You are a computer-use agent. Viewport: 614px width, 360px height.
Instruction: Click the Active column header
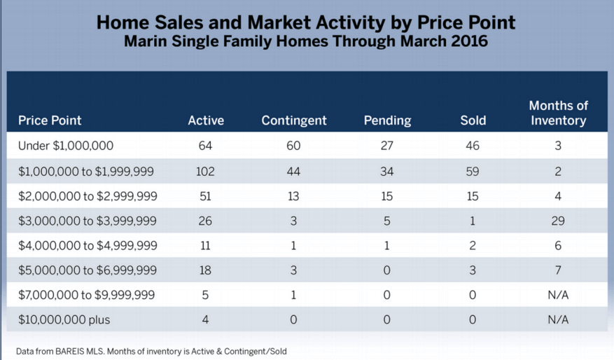[206, 120]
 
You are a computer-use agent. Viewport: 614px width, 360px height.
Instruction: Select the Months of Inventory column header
[558, 113]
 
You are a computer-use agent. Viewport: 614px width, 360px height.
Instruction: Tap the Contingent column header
[294, 120]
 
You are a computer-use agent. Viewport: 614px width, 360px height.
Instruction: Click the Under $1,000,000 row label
[66, 146]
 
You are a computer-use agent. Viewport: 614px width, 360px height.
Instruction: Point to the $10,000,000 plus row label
[64, 319]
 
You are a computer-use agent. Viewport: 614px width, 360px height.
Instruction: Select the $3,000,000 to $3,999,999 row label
[88, 221]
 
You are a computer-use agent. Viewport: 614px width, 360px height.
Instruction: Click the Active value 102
[206, 172]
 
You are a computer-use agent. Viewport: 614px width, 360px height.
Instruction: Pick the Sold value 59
[473, 172]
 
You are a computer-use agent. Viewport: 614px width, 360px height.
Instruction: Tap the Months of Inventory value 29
[558, 221]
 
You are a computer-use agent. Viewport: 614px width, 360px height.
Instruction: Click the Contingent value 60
[294, 146]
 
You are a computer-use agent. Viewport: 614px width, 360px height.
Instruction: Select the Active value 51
[206, 196]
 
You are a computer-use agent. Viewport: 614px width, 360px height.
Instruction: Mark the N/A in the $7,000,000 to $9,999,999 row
[558, 295]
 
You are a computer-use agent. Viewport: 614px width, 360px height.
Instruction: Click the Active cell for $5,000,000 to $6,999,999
[206, 270]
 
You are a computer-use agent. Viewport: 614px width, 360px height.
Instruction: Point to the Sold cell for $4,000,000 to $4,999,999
[473, 246]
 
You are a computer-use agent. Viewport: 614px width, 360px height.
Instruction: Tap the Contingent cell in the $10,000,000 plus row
[294, 319]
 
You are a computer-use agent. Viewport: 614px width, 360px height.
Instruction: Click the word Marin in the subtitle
[144, 41]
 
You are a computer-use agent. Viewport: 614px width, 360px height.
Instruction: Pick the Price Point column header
[50, 120]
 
